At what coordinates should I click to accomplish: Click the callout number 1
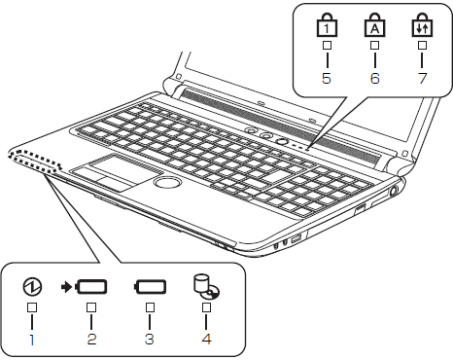coord(32,340)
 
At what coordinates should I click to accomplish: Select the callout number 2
coord(91,340)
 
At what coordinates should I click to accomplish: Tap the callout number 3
coord(150,340)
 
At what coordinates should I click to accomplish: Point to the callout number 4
coord(207,340)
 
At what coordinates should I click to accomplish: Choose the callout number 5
coord(327,78)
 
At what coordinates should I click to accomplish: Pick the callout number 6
coord(375,78)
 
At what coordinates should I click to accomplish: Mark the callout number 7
coord(423,78)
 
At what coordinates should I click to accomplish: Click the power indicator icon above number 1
coord(32,287)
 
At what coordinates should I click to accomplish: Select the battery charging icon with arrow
coord(85,287)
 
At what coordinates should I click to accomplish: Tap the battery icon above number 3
coord(150,287)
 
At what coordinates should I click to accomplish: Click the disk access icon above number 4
coord(206,287)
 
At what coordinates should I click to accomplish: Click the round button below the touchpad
coord(167,182)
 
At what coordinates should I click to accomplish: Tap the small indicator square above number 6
coord(375,45)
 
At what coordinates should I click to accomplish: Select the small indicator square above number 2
coord(91,307)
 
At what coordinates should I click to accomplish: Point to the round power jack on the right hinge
coord(393,191)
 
